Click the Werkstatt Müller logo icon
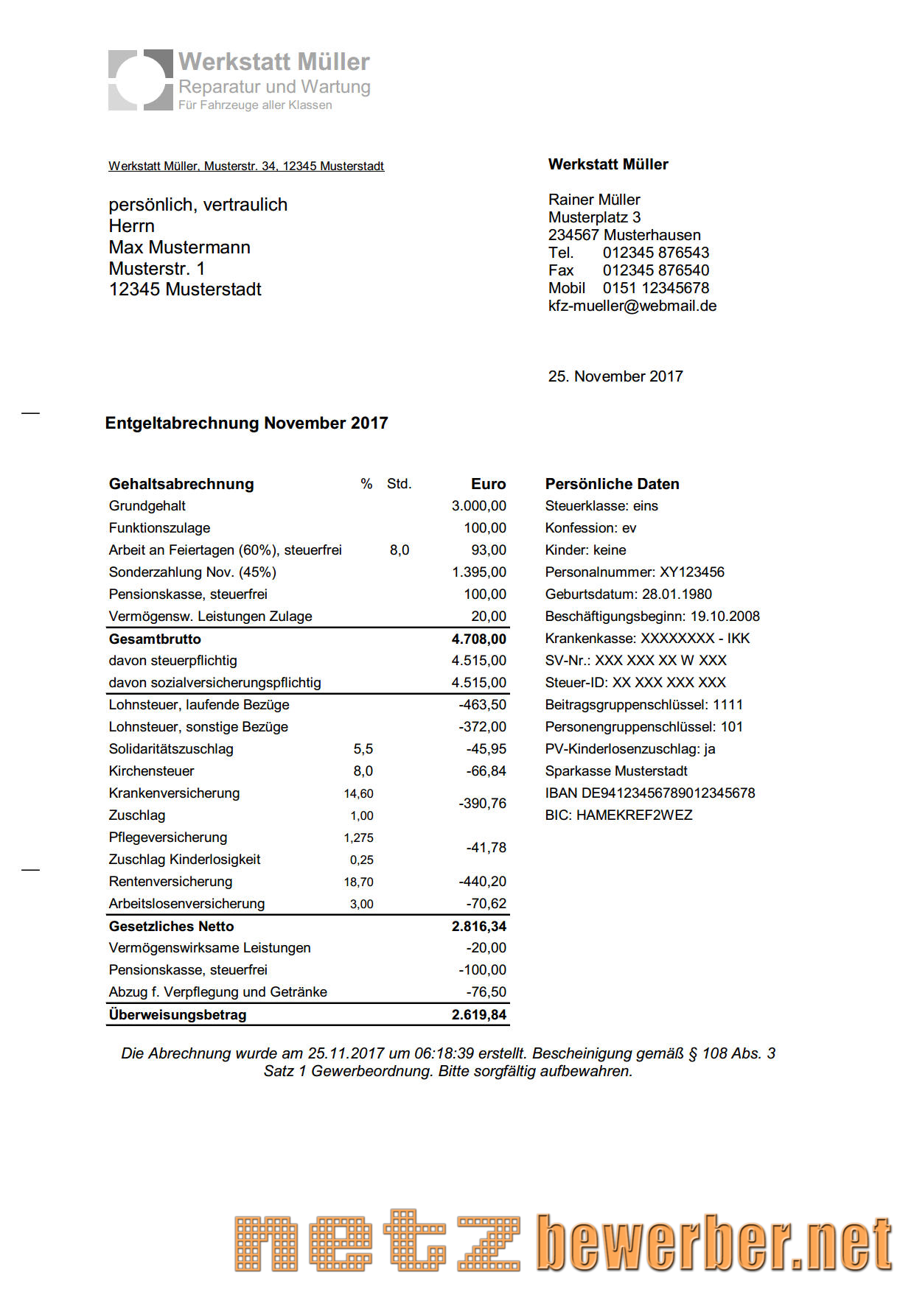click(140, 80)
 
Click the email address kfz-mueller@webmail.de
click(632, 306)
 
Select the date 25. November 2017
click(615, 376)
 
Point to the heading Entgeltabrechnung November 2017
click(246, 423)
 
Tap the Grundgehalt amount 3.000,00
click(478, 506)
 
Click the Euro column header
click(488, 484)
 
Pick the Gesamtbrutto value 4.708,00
click(478, 639)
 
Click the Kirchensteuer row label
click(151, 771)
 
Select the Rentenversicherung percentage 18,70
click(358, 882)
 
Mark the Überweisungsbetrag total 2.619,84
click(478, 1014)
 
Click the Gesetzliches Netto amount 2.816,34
click(478, 926)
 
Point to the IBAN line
click(649, 793)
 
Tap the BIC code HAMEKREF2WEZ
click(634, 815)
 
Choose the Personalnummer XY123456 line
click(634, 572)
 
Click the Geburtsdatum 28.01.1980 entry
click(628, 594)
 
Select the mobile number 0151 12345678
click(655, 288)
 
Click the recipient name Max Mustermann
click(179, 247)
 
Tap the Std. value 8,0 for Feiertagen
click(399, 550)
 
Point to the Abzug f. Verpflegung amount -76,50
click(486, 992)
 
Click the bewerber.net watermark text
click(714, 1243)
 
